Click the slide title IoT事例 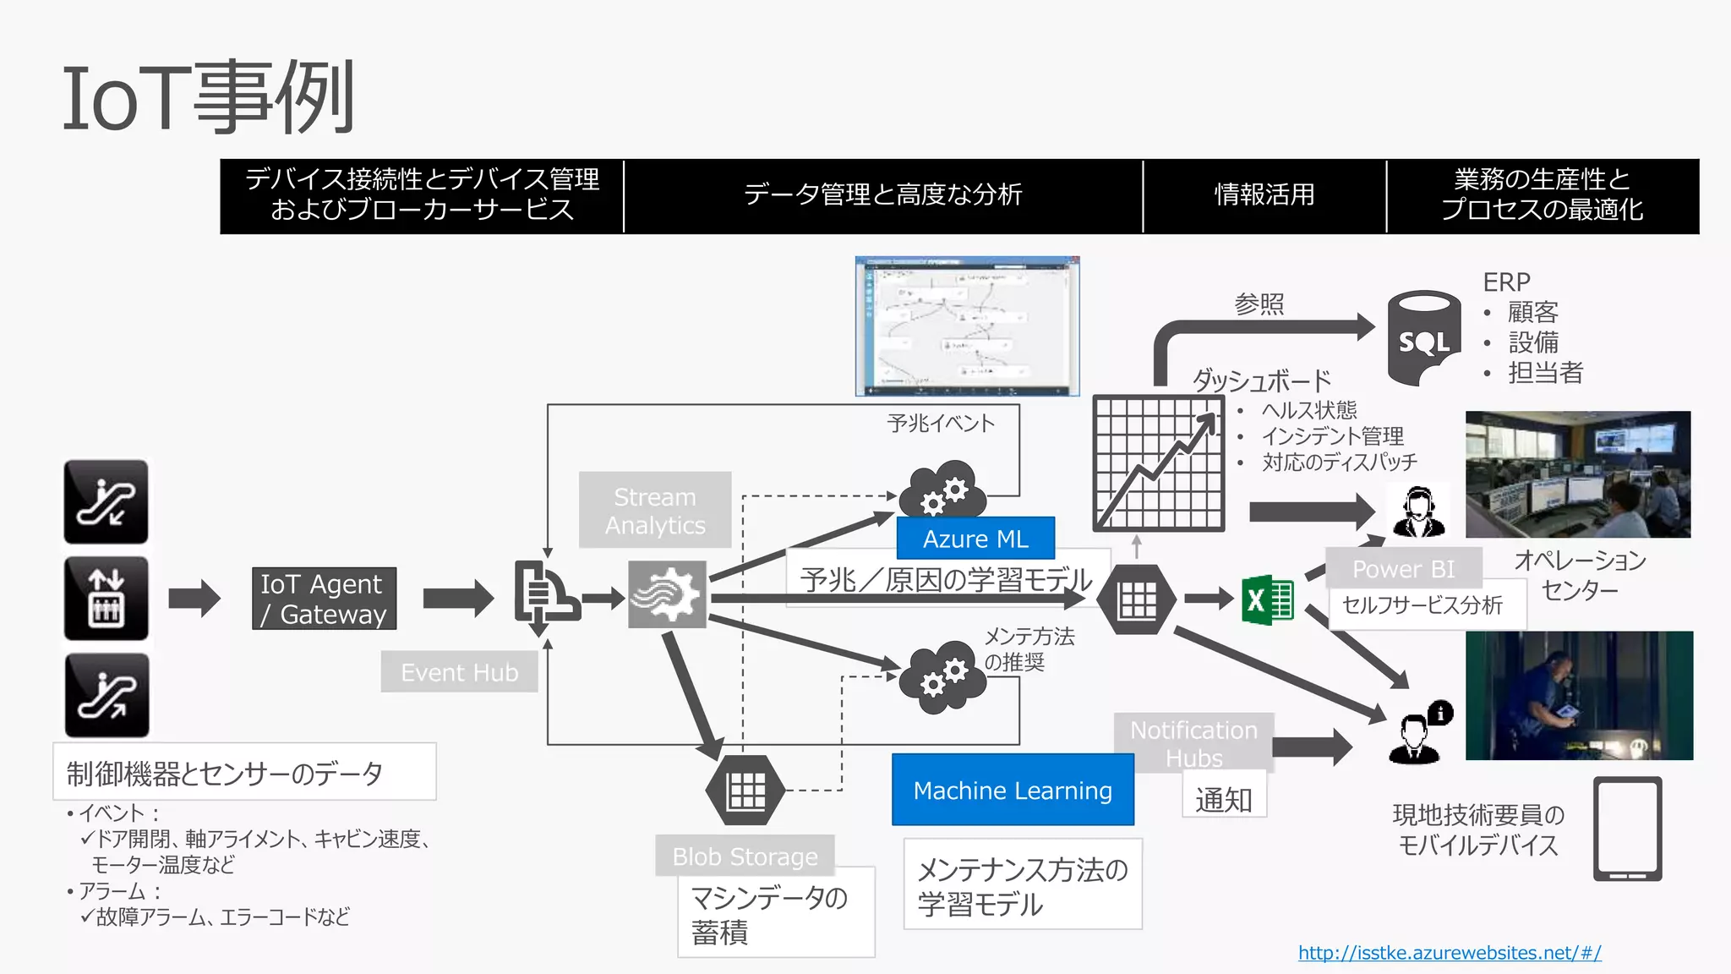click(208, 98)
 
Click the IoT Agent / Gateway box click(324, 599)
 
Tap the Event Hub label click(459, 672)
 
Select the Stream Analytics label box click(655, 510)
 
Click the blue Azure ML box click(975, 539)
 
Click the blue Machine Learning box click(1013, 790)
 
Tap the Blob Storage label click(745, 856)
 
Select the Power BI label click(1403, 568)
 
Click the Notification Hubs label click(1193, 742)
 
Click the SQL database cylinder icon click(1424, 338)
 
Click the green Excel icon click(1267, 599)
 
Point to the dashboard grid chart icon click(1158, 463)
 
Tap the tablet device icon click(1627, 829)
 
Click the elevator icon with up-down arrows click(106, 598)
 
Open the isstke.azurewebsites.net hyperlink click(1450, 953)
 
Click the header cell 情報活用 click(1264, 195)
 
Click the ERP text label click(1506, 282)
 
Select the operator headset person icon click(1417, 512)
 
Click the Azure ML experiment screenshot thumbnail click(967, 326)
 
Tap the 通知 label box click(1223, 798)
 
